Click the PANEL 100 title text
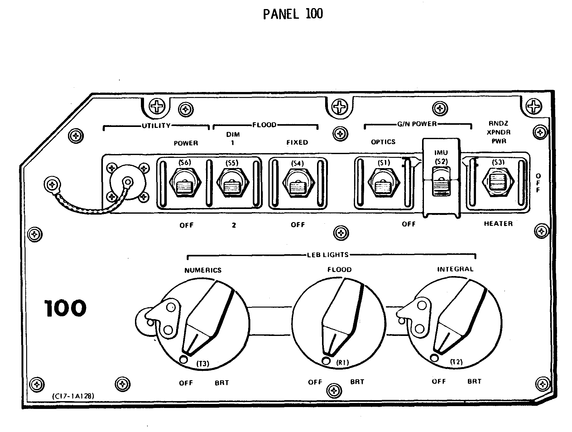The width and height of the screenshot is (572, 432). pos(293,14)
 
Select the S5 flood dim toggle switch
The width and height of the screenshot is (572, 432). pos(232,184)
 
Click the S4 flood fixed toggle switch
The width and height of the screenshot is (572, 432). pos(298,185)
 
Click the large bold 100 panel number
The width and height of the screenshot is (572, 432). pos(65,308)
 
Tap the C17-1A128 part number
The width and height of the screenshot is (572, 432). pos(73,396)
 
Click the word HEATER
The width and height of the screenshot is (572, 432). pos(498,224)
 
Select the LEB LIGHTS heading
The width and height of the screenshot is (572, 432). pos(328,255)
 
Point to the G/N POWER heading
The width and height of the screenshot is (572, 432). pos(417,124)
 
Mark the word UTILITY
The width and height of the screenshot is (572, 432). pos(156,126)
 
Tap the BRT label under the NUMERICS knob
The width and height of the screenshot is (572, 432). pos(222,383)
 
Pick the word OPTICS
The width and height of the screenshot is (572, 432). pos(383,142)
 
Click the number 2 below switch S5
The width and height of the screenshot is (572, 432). pos(234,225)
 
